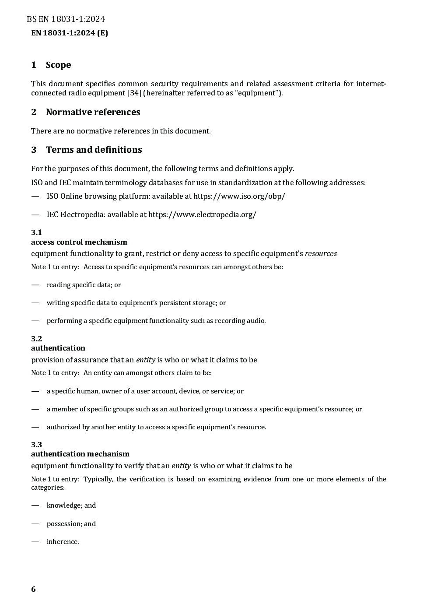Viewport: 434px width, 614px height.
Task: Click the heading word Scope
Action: click(58, 65)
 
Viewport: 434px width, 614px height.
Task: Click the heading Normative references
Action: click(93, 112)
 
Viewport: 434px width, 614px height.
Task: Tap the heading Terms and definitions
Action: click(94, 150)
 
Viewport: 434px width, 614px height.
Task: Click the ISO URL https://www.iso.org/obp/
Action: click(239, 196)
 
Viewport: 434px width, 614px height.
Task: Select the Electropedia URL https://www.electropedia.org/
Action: click(202, 214)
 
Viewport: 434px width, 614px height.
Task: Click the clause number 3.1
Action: click(36, 232)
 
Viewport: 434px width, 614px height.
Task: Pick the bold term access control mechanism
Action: click(79, 242)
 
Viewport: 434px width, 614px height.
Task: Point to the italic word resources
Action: click(321, 253)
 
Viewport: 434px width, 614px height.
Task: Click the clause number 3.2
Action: click(36, 339)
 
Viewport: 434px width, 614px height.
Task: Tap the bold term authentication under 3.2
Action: click(58, 348)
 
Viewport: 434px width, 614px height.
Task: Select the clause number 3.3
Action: click(36, 445)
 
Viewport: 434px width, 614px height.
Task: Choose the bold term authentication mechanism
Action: click(80, 454)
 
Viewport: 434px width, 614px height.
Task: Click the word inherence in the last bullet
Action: click(63, 542)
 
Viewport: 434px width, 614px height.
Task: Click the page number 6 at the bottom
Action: click(33, 589)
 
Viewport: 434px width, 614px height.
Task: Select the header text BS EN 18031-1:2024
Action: click(66, 19)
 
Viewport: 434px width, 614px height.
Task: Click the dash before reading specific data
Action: click(35, 285)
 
